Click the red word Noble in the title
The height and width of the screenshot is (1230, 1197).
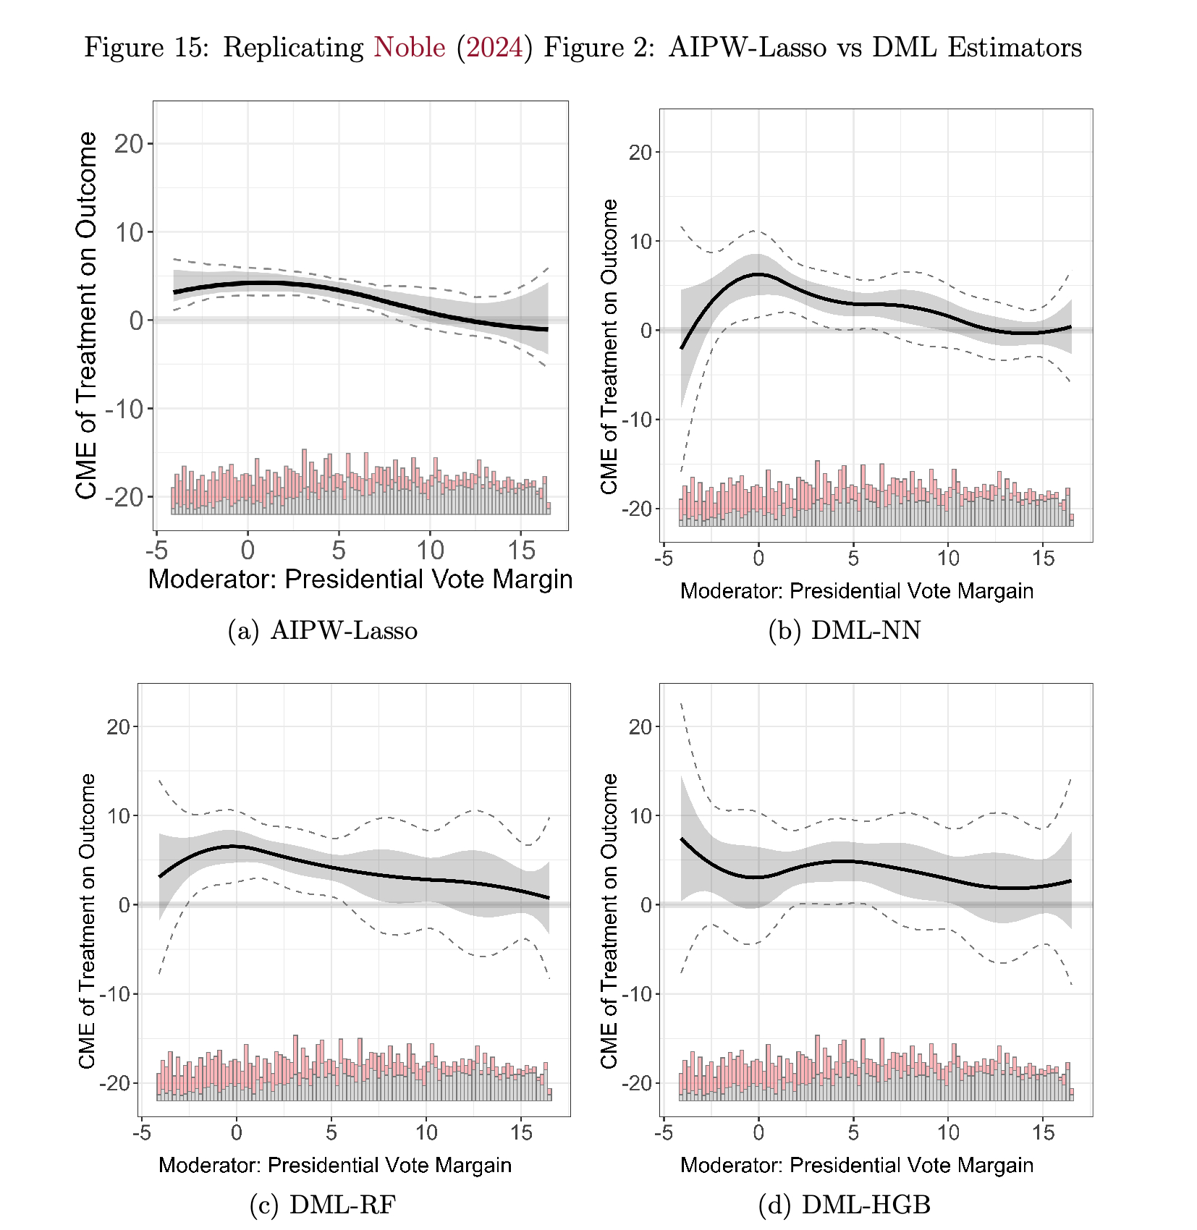(x=409, y=48)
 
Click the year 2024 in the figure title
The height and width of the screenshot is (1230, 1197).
(x=494, y=48)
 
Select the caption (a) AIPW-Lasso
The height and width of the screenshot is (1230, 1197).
(x=323, y=631)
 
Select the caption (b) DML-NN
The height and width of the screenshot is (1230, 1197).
(x=845, y=631)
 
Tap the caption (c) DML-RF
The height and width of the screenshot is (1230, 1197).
(x=323, y=1205)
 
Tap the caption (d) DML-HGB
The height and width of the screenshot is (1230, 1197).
(x=845, y=1205)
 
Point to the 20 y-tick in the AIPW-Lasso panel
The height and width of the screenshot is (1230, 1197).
(x=129, y=144)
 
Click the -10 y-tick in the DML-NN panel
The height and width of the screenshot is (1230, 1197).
(x=637, y=420)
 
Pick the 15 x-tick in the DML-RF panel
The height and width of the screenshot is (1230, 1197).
(x=521, y=1133)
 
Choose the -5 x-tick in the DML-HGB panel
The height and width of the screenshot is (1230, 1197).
(x=664, y=1133)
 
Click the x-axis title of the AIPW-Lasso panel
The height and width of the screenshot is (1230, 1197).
(x=360, y=580)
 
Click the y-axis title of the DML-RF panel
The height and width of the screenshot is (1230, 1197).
(x=88, y=920)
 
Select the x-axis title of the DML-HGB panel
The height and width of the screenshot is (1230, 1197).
(x=857, y=1166)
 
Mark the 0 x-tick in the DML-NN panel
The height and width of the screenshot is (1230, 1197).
(x=758, y=559)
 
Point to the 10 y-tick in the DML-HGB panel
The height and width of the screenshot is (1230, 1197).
(x=640, y=816)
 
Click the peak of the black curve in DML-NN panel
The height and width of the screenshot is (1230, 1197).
(x=758, y=274)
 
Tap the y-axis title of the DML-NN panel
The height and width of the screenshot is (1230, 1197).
(x=609, y=347)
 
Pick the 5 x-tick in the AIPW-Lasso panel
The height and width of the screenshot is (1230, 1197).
(x=339, y=551)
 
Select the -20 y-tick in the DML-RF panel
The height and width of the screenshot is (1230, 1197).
(x=114, y=1083)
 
